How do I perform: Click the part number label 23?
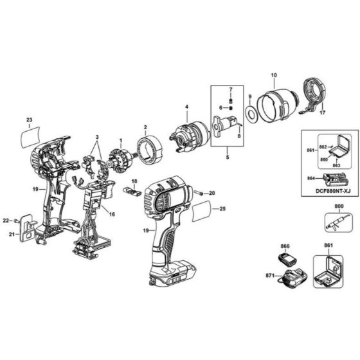click(29, 120)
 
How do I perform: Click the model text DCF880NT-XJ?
click(328, 192)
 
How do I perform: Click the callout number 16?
click(112, 213)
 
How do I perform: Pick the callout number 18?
click(134, 182)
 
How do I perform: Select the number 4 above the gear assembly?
click(186, 106)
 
